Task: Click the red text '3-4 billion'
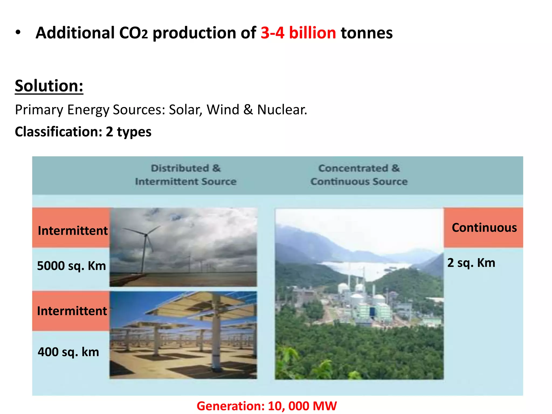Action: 298,33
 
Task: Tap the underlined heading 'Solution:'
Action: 49,86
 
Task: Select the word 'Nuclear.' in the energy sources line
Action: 282,110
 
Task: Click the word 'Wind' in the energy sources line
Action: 223,110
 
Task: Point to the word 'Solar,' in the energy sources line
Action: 185,110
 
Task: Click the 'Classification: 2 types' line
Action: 83,132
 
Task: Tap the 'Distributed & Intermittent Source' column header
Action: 186,175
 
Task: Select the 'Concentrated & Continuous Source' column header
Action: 359,175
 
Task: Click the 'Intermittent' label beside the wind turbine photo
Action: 73,231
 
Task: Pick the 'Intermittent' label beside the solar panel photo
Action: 72,311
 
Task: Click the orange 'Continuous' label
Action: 484,228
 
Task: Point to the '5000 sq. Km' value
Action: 71,266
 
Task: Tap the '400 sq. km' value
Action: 68,352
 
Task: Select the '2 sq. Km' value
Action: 471,263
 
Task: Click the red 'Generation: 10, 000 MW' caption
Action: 267,406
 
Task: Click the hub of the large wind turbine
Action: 146,235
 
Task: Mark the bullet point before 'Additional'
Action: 18,33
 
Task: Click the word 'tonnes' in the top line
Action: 367,33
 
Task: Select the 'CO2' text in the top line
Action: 133,33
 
